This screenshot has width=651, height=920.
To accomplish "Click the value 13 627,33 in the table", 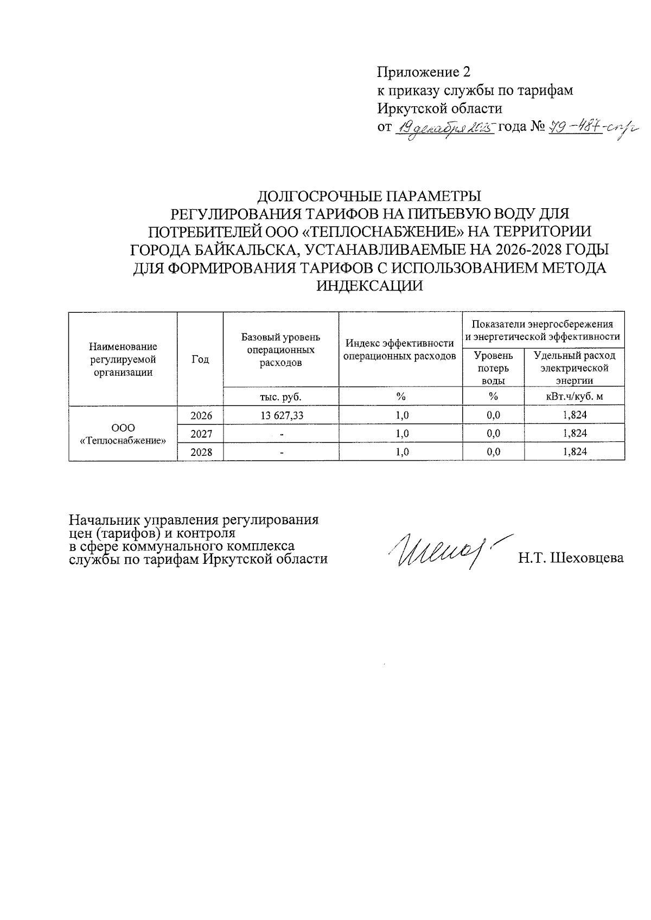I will pyautogui.click(x=281, y=415).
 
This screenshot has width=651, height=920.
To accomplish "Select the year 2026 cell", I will pyautogui.click(x=201, y=415).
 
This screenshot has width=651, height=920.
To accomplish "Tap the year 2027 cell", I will pyautogui.click(x=201, y=434).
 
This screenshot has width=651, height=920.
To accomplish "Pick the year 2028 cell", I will pyautogui.click(x=201, y=452).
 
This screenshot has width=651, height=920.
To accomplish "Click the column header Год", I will pyautogui.click(x=200, y=359).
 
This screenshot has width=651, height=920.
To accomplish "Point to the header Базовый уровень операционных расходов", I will pyautogui.click(x=280, y=350).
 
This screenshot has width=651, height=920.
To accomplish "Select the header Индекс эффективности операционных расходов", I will pyautogui.click(x=400, y=350).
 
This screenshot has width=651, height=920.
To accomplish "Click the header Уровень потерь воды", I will pyautogui.click(x=493, y=368).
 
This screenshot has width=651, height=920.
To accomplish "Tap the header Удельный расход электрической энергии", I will pyautogui.click(x=575, y=368).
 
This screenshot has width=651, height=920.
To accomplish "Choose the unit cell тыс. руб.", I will pyautogui.click(x=280, y=396).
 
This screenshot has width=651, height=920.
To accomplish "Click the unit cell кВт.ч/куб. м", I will pyautogui.click(x=575, y=396).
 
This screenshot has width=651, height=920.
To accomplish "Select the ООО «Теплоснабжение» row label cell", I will pyautogui.click(x=123, y=434).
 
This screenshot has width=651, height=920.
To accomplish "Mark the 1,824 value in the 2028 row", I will pyautogui.click(x=575, y=452).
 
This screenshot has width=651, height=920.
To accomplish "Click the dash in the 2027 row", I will pyautogui.click(x=281, y=434).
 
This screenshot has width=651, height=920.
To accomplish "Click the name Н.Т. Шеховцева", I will pyautogui.click(x=571, y=558).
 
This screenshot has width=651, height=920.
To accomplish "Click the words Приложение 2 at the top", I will pyautogui.click(x=423, y=72).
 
